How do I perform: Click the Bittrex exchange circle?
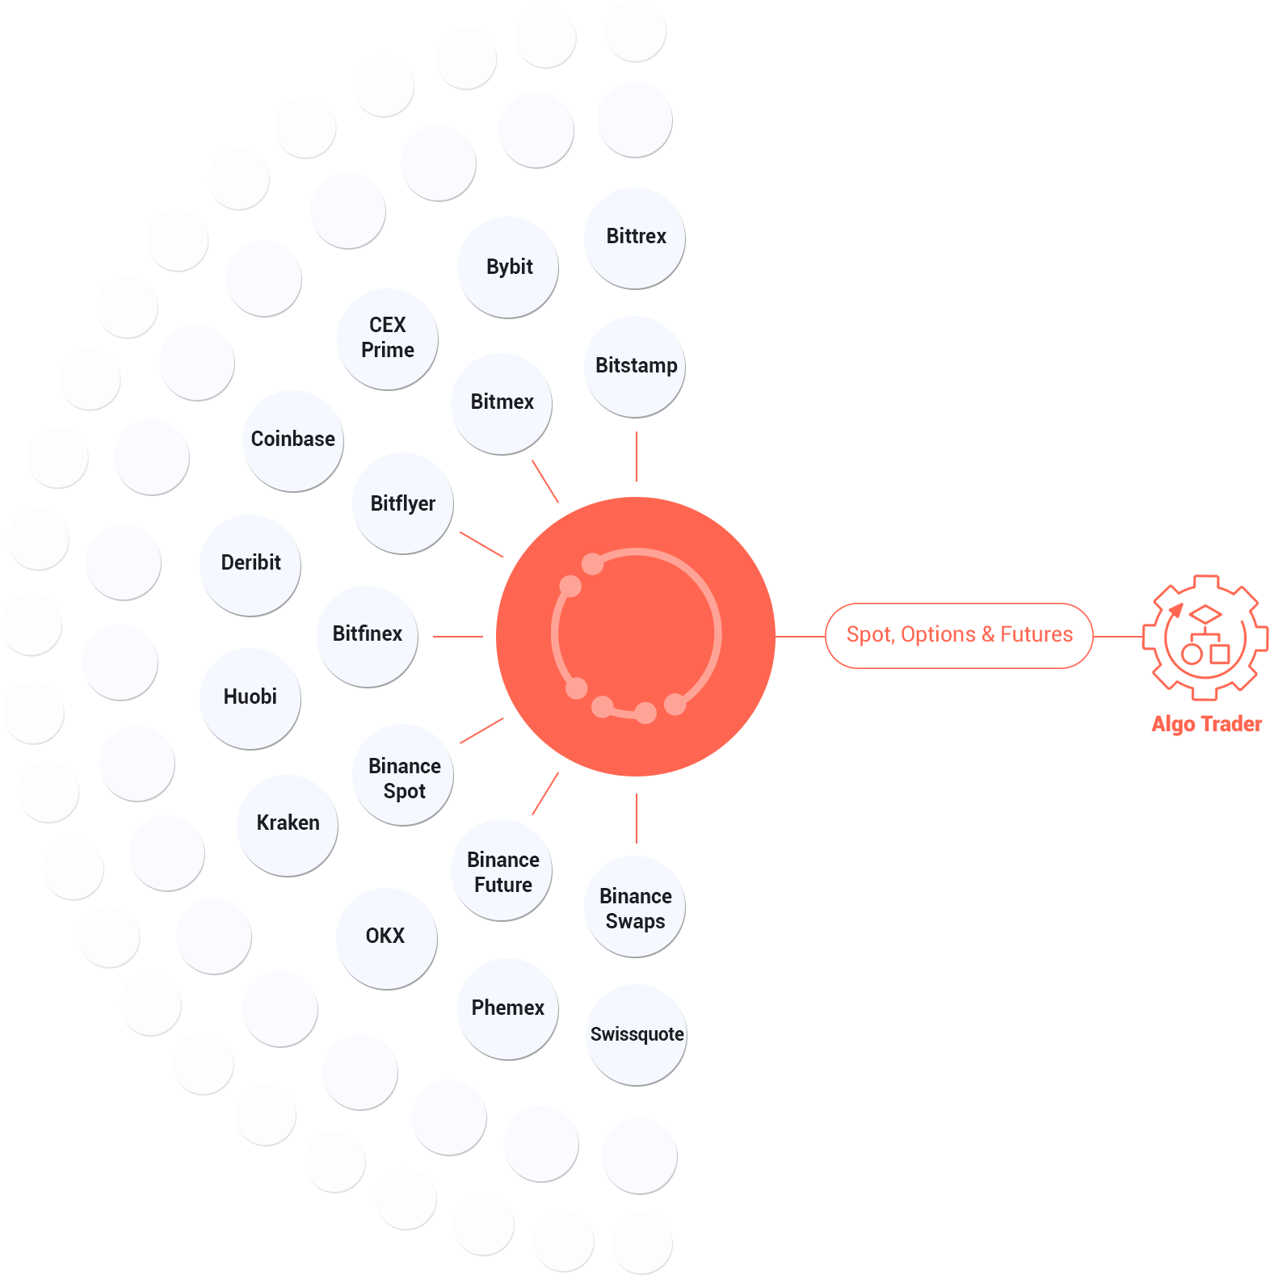[636, 237]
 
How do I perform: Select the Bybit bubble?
[509, 267]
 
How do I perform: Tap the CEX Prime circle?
[388, 338]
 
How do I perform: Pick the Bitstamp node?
[636, 366]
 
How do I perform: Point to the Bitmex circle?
[502, 402]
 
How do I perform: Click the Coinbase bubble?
[292, 440]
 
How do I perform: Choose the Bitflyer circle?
[402, 503]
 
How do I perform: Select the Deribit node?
[250, 563]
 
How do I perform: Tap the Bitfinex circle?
[368, 634]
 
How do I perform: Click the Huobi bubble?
[250, 697]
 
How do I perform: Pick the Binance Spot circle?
[404, 778]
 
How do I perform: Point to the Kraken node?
[288, 823]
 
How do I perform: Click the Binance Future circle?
[502, 872]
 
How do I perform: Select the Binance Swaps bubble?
[636, 908]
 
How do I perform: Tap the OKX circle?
[385, 936]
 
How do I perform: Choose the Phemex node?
[507, 1008]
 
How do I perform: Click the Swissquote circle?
[637, 1035]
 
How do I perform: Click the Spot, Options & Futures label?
[961, 635]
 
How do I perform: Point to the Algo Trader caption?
[1206, 724]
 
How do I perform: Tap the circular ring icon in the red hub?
[636, 634]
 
